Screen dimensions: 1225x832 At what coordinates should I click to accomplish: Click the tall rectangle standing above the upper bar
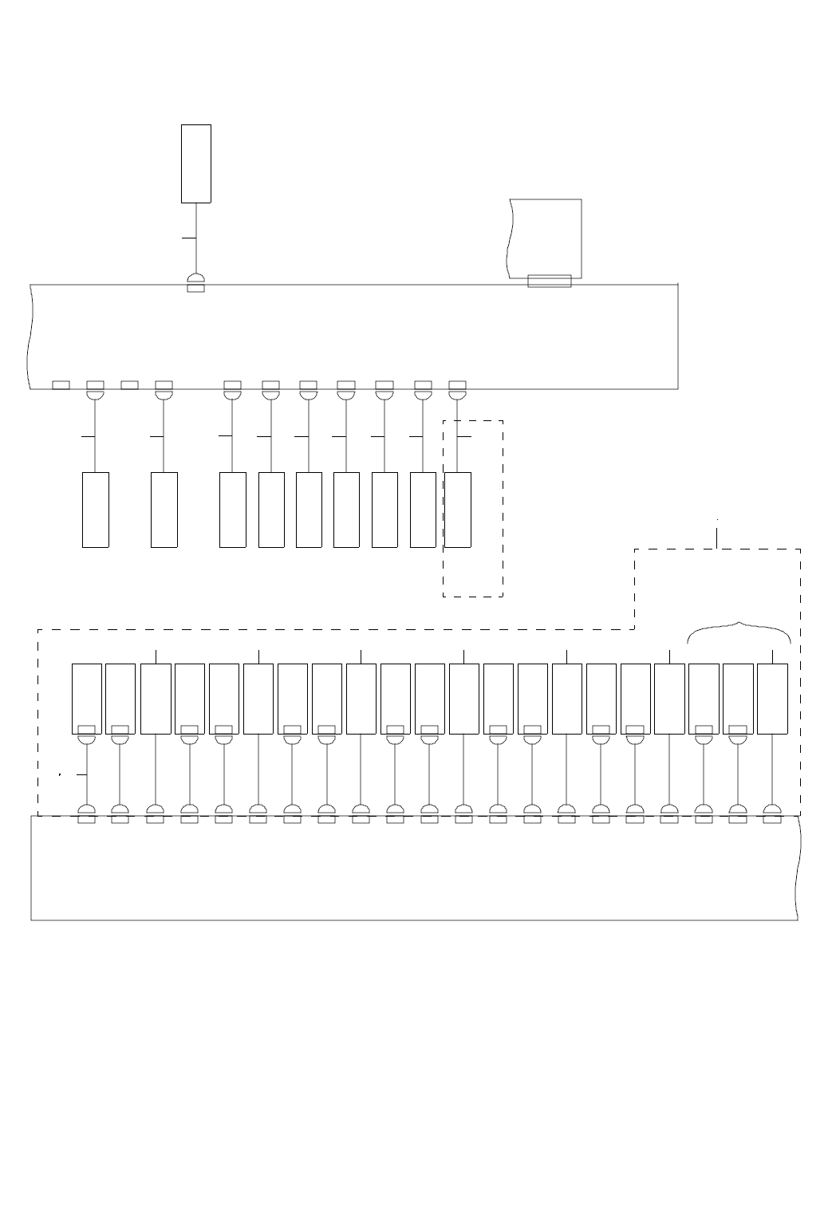point(195,163)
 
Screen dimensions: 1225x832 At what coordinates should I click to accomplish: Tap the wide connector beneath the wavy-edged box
point(550,281)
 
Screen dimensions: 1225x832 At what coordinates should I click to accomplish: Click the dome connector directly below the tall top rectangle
point(195,278)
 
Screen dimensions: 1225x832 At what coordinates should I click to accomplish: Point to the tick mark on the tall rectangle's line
point(189,238)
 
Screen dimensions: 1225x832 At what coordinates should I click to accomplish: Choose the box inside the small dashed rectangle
point(457,510)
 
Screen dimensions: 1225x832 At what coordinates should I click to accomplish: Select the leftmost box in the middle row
point(96,510)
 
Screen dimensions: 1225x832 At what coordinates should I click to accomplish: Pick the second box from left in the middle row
point(164,510)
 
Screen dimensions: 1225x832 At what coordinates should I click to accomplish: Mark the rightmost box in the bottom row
point(772,699)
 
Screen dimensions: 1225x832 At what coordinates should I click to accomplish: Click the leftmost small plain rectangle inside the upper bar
point(61,385)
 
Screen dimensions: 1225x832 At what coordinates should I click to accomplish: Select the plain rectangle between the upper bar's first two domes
point(129,385)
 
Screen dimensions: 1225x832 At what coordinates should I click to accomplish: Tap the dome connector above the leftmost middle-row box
point(96,394)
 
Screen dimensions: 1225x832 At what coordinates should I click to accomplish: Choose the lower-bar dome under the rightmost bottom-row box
point(772,809)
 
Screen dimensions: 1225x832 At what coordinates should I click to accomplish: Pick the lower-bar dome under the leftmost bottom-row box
point(86,809)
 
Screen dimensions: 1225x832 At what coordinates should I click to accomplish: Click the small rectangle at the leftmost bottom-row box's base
point(86,729)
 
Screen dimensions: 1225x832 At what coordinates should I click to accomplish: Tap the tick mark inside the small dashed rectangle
point(464,437)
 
